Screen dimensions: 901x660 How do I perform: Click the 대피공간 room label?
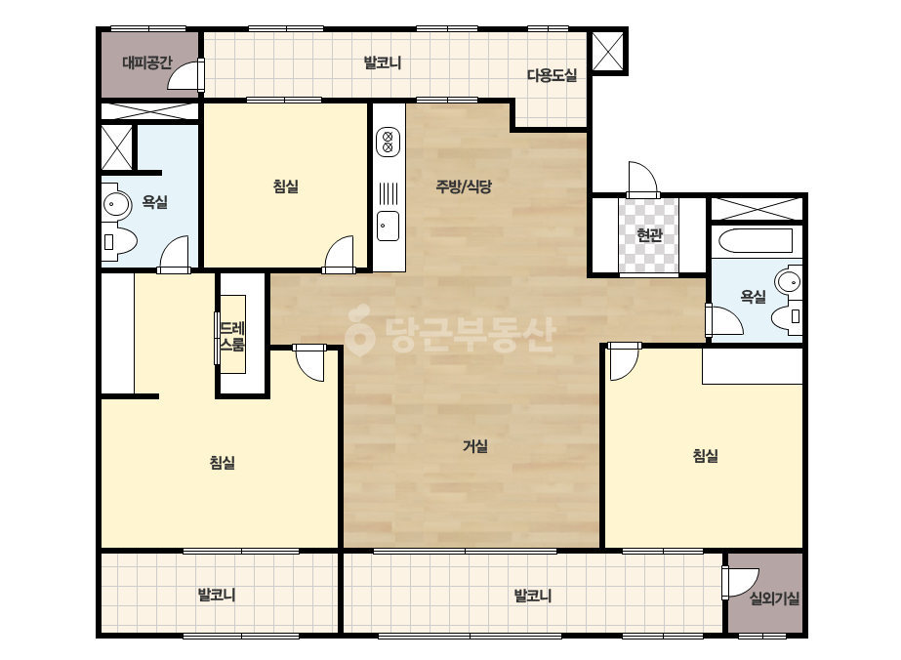pyautogui.click(x=147, y=62)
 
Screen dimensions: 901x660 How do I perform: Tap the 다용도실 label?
pyautogui.click(x=552, y=75)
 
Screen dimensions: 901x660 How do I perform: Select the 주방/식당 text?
pyautogui.click(x=463, y=186)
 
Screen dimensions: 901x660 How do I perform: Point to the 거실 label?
pyautogui.click(x=475, y=446)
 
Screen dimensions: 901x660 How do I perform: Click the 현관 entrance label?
pyautogui.click(x=649, y=235)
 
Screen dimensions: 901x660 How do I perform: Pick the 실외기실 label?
pyautogui.click(x=774, y=599)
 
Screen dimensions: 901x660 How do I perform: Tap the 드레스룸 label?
pyautogui.click(x=232, y=336)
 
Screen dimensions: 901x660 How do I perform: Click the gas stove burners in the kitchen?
pyautogui.click(x=388, y=142)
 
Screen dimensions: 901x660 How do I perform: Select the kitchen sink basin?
pyautogui.click(x=388, y=226)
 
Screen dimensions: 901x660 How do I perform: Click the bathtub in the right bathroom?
pyautogui.click(x=756, y=240)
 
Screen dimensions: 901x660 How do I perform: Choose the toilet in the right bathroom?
pyautogui.click(x=786, y=316)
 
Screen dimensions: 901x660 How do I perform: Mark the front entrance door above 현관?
pyautogui.click(x=642, y=180)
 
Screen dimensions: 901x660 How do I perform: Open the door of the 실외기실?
pyautogui.click(x=740, y=583)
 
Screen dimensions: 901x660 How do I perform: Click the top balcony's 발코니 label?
pyautogui.click(x=382, y=62)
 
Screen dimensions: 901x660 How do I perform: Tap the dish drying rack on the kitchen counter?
pyautogui.click(x=389, y=192)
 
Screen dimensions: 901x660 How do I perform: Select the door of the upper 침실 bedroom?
pyautogui.click(x=339, y=254)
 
